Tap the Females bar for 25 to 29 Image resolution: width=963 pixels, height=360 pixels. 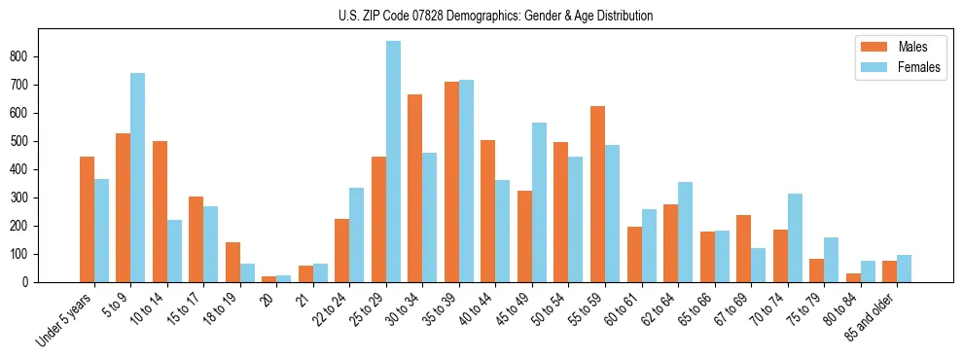[393, 162]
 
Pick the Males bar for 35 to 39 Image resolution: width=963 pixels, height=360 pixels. [451, 182]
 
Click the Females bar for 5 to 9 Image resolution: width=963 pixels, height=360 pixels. [137, 178]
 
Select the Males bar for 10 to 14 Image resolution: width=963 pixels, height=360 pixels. [160, 212]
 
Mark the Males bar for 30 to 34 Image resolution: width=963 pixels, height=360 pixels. [414, 189]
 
